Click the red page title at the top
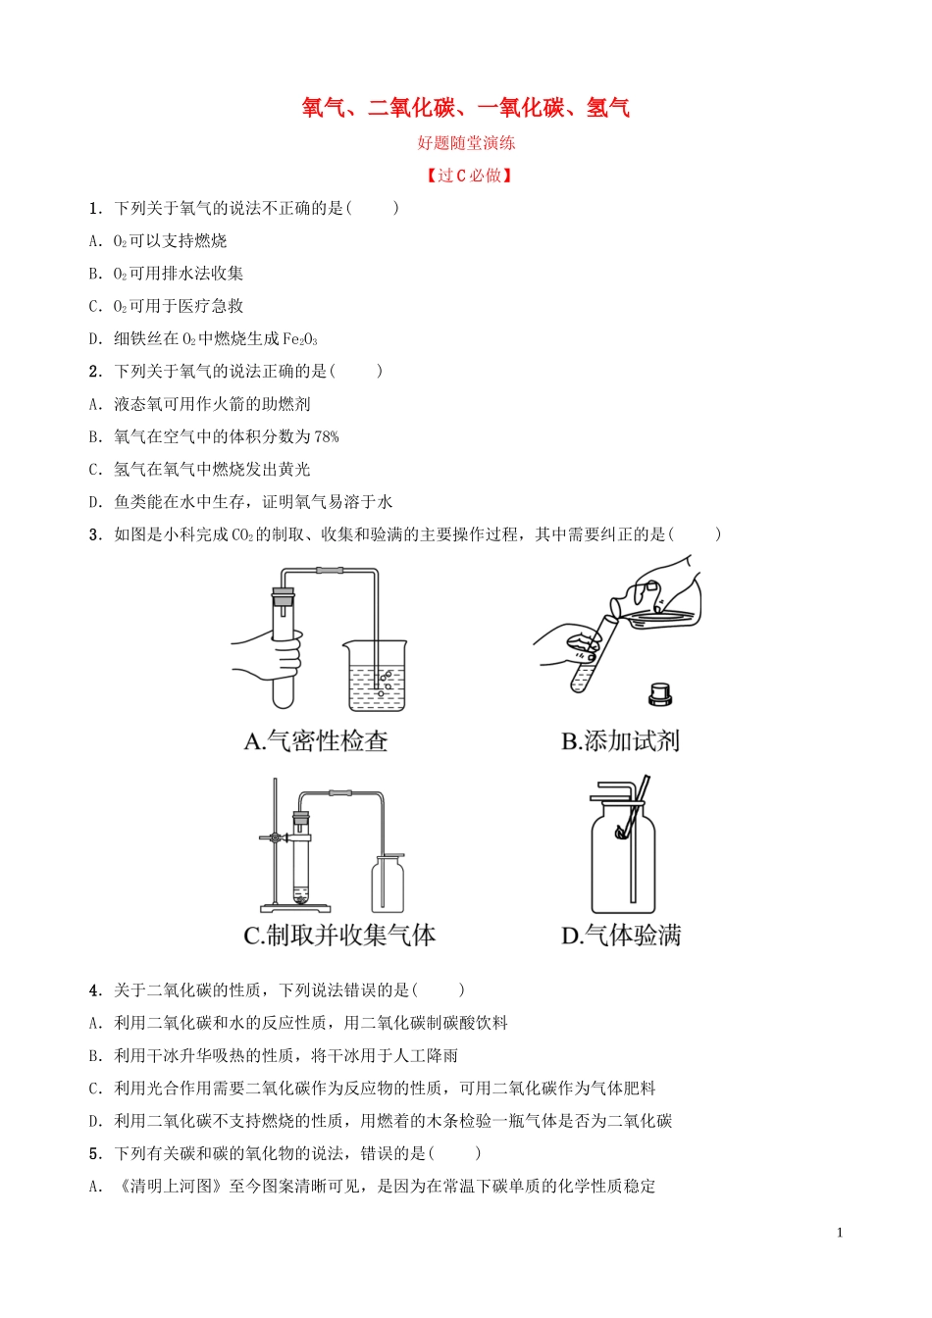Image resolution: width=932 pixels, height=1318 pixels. (x=466, y=108)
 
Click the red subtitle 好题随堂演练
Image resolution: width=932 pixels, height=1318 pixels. (x=466, y=143)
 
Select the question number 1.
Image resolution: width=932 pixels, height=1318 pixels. (x=94, y=208)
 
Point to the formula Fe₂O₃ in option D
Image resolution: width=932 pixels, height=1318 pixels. (x=300, y=339)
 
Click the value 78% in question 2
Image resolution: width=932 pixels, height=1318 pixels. (x=327, y=436)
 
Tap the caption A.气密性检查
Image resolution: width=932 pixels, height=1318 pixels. (x=316, y=741)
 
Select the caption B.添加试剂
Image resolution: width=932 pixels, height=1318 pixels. (x=620, y=741)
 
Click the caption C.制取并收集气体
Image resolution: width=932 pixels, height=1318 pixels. (x=339, y=936)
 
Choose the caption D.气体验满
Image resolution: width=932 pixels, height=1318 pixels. (x=621, y=936)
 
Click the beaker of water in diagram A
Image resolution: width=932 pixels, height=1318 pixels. (x=377, y=677)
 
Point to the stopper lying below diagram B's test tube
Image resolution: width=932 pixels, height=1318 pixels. (x=660, y=694)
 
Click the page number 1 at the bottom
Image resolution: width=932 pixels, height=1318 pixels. (x=840, y=1233)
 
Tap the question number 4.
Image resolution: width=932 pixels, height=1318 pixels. (x=94, y=990)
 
